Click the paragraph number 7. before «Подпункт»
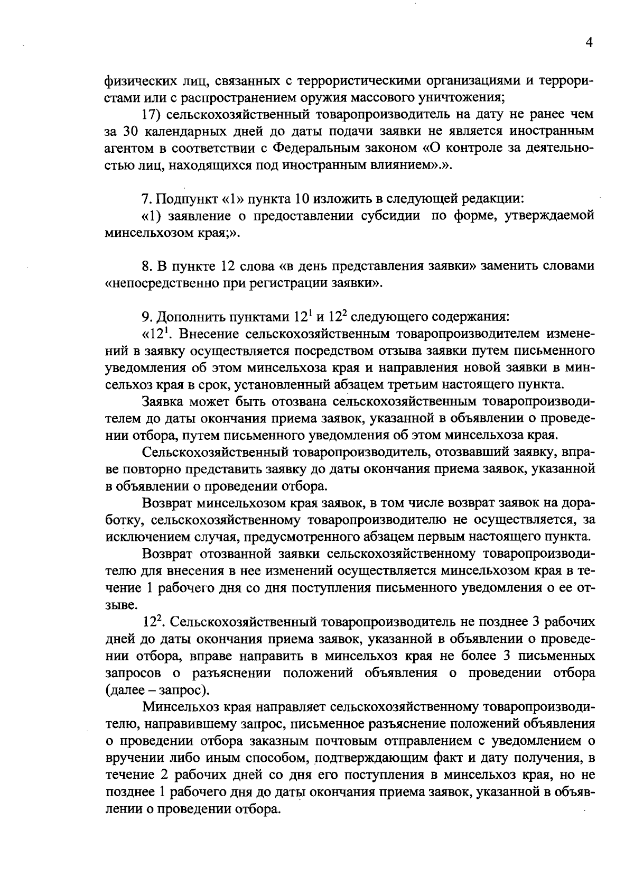pyautogui.click(x=147, y=199)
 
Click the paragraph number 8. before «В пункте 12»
pyautogui.click(x=147, y=266)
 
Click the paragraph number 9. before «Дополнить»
pyautogui.click(x=147, y=317)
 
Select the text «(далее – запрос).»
pyautogui.click(x=157, y=689)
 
